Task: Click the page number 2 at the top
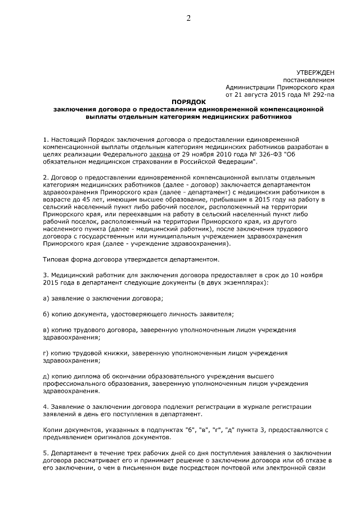(x=189, y=18)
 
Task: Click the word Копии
(x=55, y=430)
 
